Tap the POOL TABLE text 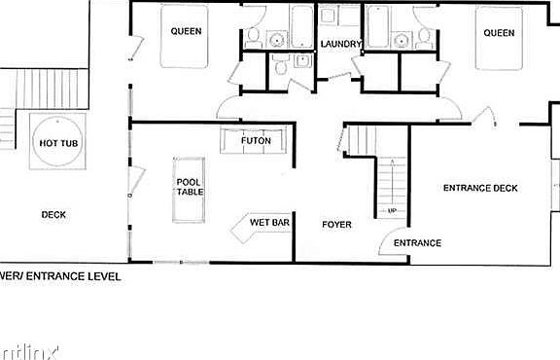[x=189, y=187]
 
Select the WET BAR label [x=269, y=223]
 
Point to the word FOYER [x=336, y=225]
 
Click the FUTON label [x=256, y=141]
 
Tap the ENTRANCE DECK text [x=480, y=188]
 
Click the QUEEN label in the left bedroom [x=186, y=31]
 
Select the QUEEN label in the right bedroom [x=499, y=33]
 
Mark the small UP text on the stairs [x=392, y=210]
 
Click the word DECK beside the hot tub [x=53, y=215]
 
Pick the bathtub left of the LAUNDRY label [x=300, y=27]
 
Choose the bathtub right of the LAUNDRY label [x=377, y=27]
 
